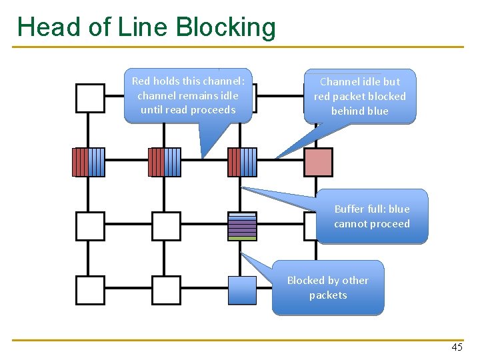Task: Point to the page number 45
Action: (457, 347)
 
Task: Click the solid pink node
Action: (318, 162)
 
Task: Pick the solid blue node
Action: (242, 290)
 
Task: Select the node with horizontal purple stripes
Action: (242, 226)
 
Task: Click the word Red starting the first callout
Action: (140, 81)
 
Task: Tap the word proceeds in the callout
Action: (213, 109)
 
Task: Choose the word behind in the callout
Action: (345, 111)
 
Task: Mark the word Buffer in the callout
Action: (349, 209)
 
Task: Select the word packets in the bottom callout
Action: (328, 295)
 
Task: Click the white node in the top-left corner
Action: (90, 98)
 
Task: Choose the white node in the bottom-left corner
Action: (90, 290)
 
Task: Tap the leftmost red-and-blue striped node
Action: (89, 162)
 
